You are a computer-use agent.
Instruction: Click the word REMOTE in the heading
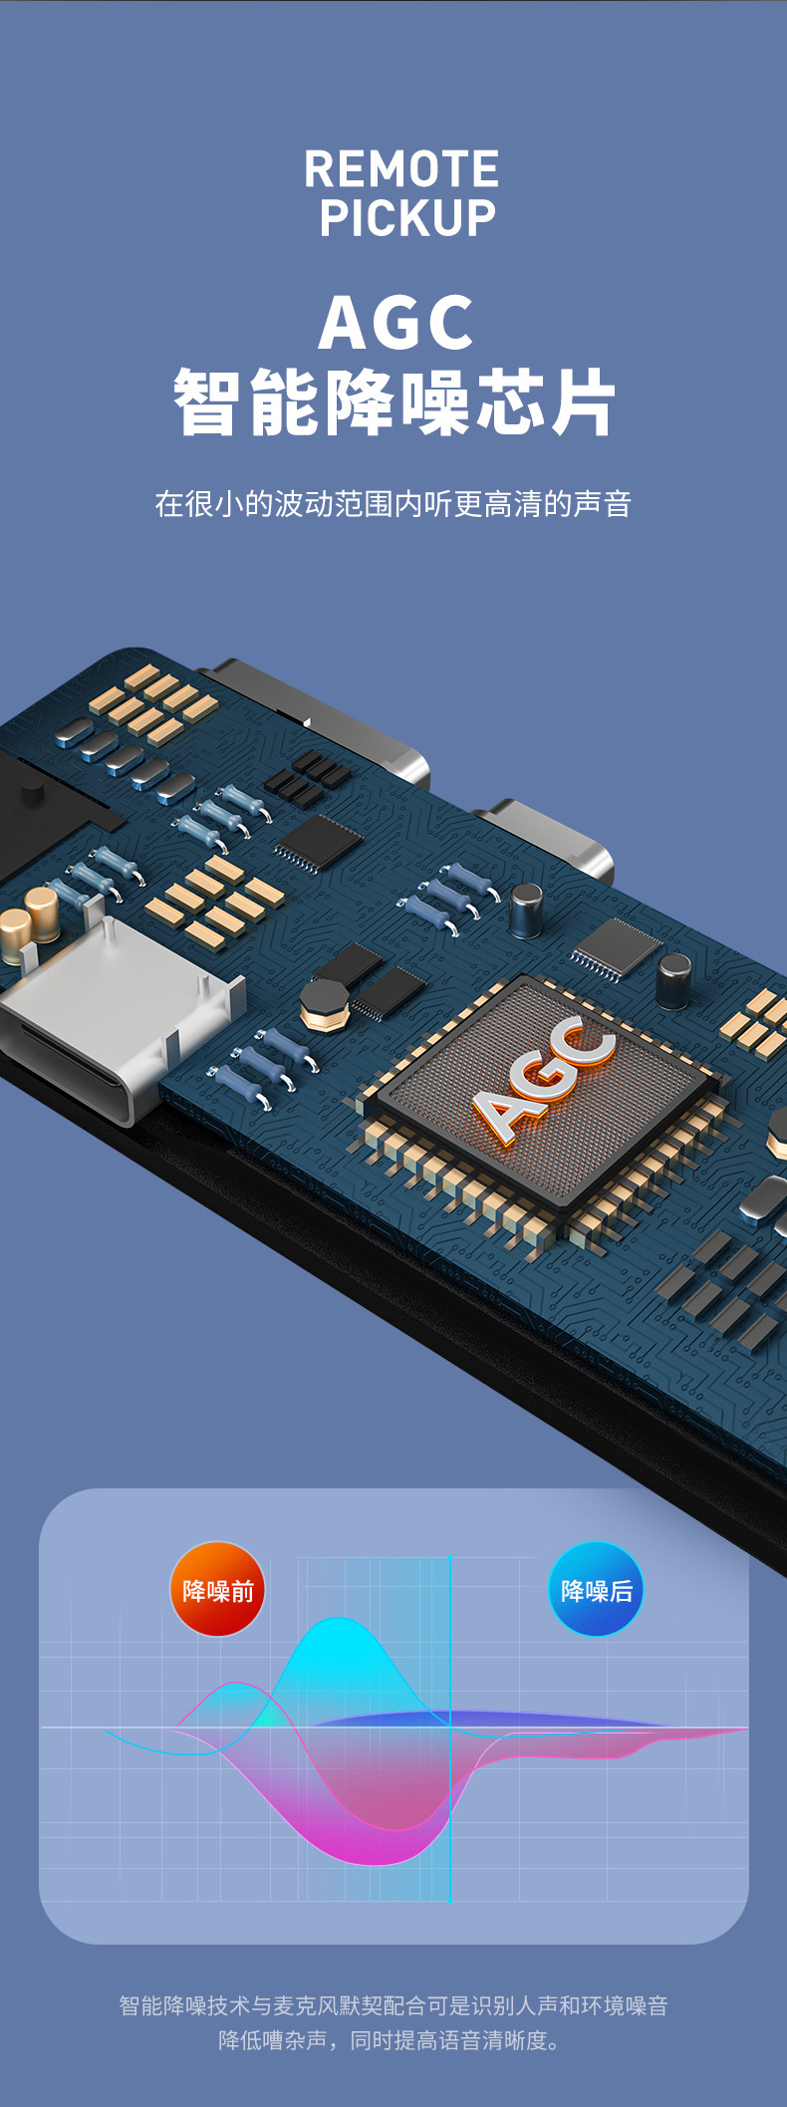(x=401, y=168)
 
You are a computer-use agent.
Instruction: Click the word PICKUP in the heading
(x=407, y=218)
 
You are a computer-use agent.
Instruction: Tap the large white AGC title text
(x=395, y=323)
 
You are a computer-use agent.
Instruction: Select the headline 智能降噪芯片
(x=394, y=401)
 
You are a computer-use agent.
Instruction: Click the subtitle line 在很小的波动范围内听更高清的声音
(x=393, y=504)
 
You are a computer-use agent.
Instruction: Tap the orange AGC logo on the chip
(x=544, y=1079)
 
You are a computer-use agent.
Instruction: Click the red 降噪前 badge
(x=218, y=1589)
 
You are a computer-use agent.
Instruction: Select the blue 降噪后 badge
(x=596, y=1589)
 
